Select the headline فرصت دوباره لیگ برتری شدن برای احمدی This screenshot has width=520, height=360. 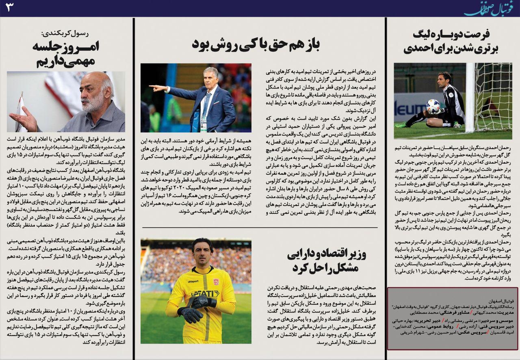[451, 42]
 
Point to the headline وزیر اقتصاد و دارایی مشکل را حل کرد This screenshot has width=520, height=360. [327, 261]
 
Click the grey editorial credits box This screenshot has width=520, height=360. [453, 319]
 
